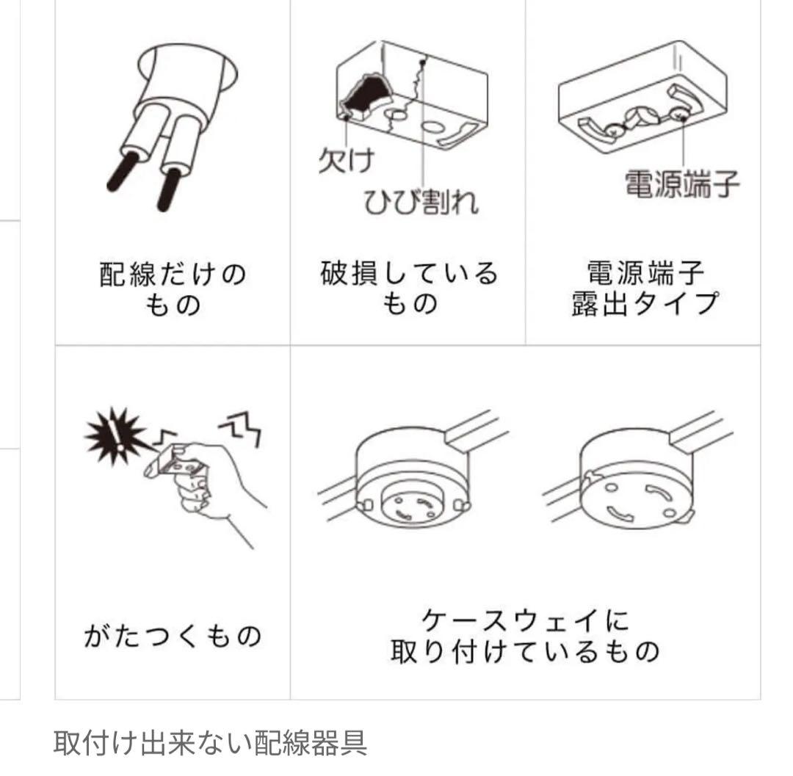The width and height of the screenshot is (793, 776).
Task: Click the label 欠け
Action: point(347,160)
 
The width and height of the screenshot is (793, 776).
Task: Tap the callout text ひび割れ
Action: point(421,201)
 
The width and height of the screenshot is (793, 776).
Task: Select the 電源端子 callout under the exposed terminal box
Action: point(681,184)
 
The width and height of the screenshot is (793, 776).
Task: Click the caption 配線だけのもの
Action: point(173,289)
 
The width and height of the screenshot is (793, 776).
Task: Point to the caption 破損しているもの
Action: point(409,289)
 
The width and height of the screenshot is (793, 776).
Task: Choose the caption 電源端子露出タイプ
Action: point(645,289)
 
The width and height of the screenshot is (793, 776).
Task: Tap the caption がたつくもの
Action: point(173,636)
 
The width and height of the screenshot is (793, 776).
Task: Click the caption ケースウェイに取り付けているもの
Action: point(526,636)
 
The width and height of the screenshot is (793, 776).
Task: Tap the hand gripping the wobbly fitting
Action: point(212,485)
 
